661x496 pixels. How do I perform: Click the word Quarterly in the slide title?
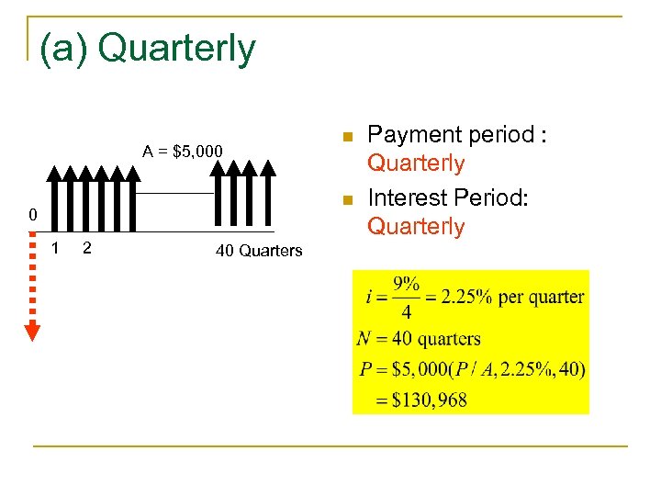(x=176, y=49)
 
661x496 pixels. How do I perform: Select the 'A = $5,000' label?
(x=183, y=151)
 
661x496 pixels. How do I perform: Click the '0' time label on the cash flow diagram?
(x=32, y=216)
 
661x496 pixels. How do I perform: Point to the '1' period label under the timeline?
(x=56, y=247)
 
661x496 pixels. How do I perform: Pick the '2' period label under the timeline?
(x=86, y=247)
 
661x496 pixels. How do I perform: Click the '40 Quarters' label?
(x=259, y=251)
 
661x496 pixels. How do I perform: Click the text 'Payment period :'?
(x=457, y=135)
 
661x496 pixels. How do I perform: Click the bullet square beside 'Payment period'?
(x=347, y=138)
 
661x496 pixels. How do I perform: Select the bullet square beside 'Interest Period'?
(x=347, y=200)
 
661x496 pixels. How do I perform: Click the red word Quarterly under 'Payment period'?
(x=416, y=163)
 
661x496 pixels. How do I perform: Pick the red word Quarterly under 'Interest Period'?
(x=416, y=226)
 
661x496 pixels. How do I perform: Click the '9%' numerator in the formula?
(x=407, y=284)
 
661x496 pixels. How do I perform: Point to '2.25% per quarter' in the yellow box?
(x=511, y=297)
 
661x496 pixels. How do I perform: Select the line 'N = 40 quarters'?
(x=420, y=339)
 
